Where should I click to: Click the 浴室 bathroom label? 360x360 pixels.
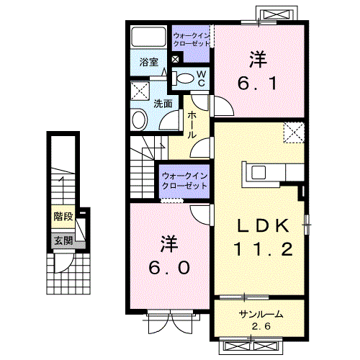point(149,63)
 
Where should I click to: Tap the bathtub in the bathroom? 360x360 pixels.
point(149,37)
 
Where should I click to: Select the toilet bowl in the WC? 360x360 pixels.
point(184,78)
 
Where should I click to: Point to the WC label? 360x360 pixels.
point(201,78)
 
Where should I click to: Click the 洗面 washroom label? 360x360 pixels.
point(163,104)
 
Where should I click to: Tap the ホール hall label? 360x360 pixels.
point(192,125)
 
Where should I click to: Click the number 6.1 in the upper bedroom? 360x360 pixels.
point(258,83)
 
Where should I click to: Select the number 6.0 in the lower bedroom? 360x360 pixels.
point(169,268)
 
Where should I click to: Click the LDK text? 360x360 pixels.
point(263,226)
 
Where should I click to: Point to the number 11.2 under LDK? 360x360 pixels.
point(263,249)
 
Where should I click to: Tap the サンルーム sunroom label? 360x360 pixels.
point(261,314)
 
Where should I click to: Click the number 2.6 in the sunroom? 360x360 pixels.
point(261,326)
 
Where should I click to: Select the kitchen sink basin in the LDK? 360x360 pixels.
point(258,172)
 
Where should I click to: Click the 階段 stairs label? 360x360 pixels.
point(63,217)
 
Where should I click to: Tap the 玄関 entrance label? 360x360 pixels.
point(63,240)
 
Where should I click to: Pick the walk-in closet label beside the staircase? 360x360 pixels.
point(184,181)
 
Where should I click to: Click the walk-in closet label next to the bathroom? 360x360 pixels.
point(192,40)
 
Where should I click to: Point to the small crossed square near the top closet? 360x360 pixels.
point(176,59)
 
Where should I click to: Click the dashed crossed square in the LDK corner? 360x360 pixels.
point(294,132)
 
